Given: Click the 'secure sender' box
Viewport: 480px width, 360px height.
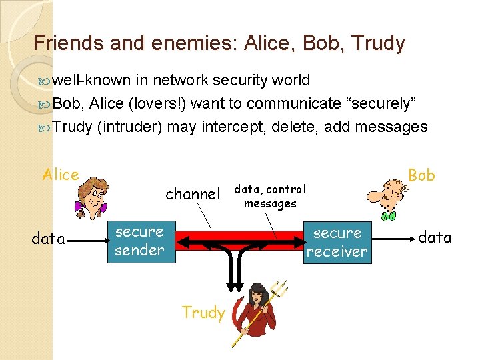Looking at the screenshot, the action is [141, 242].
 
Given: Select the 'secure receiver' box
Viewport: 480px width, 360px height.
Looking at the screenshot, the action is [337, 243].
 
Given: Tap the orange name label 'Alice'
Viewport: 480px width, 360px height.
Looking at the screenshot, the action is [61, 175].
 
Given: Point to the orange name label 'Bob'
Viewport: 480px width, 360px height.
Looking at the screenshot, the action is [421, 175].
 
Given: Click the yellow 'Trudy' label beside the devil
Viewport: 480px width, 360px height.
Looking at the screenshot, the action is [203, 313].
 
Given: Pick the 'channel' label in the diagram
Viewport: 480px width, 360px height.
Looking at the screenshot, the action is [193, 194].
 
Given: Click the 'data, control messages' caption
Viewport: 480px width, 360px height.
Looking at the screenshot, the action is [270, 197].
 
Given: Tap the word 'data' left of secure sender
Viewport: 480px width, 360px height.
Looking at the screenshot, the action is [49, 239].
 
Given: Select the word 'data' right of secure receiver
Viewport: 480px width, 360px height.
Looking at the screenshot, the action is [435, 237].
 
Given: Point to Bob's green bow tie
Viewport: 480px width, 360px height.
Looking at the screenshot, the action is [388, 216].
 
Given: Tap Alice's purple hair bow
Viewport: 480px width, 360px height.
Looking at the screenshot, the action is [80, 206].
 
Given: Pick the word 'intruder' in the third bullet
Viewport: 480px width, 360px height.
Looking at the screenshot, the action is [129, 127].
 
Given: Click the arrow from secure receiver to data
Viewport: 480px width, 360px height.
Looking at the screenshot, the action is [393, 239].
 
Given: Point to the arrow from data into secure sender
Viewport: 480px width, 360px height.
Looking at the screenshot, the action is [88, 241].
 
